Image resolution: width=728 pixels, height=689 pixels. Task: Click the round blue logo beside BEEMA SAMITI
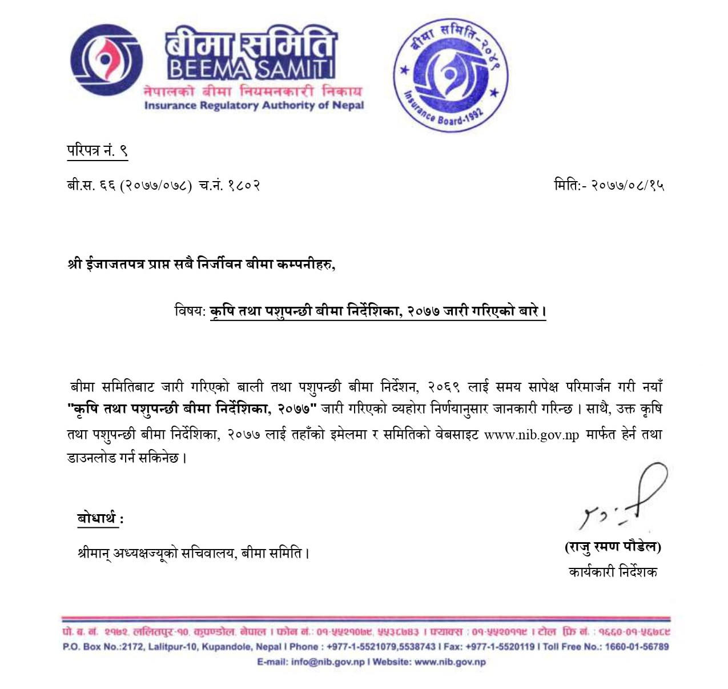[106, 60]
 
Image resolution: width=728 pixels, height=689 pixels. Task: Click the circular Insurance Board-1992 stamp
[451, 74]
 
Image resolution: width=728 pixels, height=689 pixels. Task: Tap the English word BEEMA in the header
[208, 70]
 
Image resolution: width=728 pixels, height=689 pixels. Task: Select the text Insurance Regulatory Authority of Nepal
[254, 105]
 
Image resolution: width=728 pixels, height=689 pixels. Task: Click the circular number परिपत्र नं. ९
[97, 151]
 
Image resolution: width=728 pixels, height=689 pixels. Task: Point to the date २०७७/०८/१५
[628, 185]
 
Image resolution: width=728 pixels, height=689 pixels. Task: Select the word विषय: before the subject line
[190, 311]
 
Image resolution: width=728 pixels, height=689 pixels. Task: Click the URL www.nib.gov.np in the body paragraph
[532, 435]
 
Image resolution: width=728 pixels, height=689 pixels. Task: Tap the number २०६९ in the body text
[444, 387]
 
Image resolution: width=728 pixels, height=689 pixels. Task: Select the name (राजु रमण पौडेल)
[613, 547]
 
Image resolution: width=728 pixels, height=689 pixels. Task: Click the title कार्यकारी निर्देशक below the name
[613, 572]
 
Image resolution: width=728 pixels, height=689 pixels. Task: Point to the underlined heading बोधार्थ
[97, 518]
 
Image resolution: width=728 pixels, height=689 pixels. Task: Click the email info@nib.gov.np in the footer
[327, 662]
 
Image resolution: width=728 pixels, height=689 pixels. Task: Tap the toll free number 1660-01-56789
[637, 647]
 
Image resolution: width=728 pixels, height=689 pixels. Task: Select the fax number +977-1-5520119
[500, 647]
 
